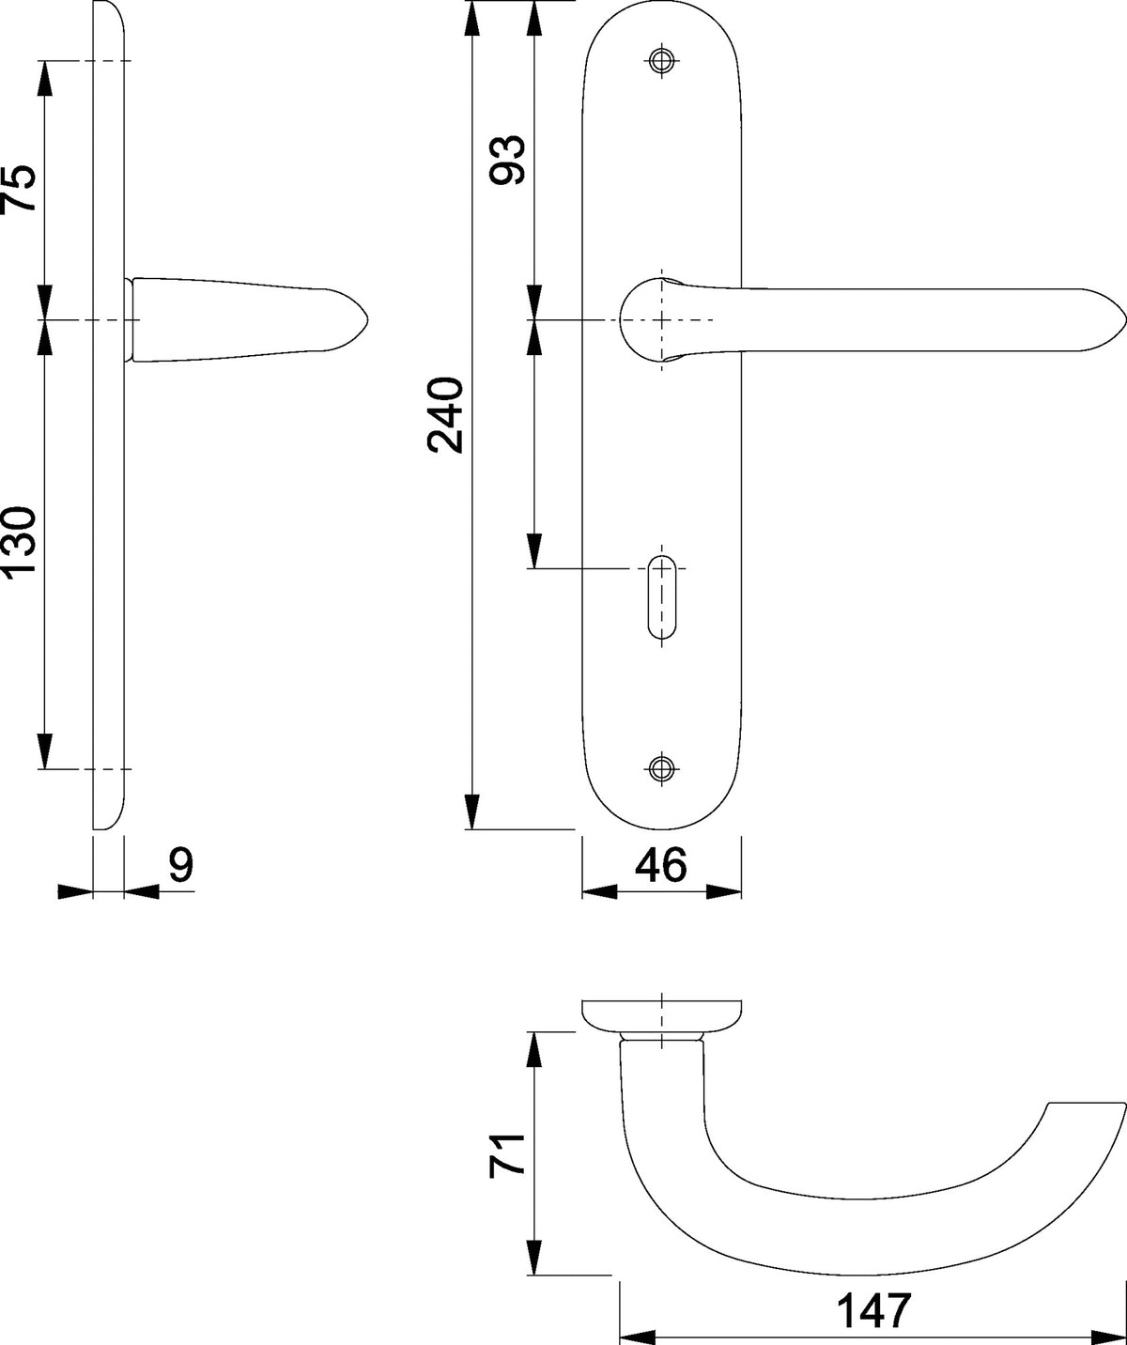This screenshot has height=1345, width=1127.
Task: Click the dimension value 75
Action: (x=18, y=188)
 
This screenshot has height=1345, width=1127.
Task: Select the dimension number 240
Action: (x=445, y=415)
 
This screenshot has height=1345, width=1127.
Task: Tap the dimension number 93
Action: (x=508, y=160)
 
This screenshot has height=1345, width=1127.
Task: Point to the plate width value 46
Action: (x=661, y=865)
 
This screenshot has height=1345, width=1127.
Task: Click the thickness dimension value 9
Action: (x=181, y=865)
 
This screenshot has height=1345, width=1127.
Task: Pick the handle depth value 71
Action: (x=508, y=1156)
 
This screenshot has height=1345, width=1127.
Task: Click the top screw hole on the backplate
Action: (x=661, y=61)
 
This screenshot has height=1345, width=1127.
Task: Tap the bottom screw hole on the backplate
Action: (x=661, y=768)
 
